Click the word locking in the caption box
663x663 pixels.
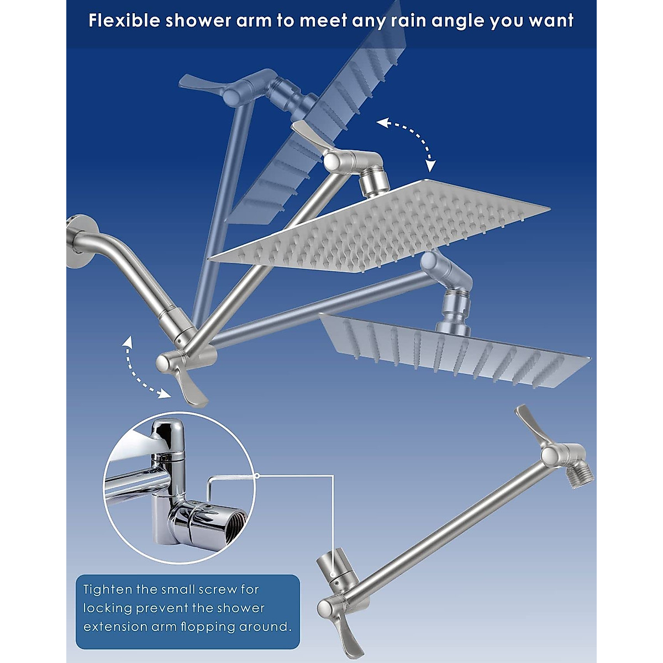[x=107, y=608]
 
